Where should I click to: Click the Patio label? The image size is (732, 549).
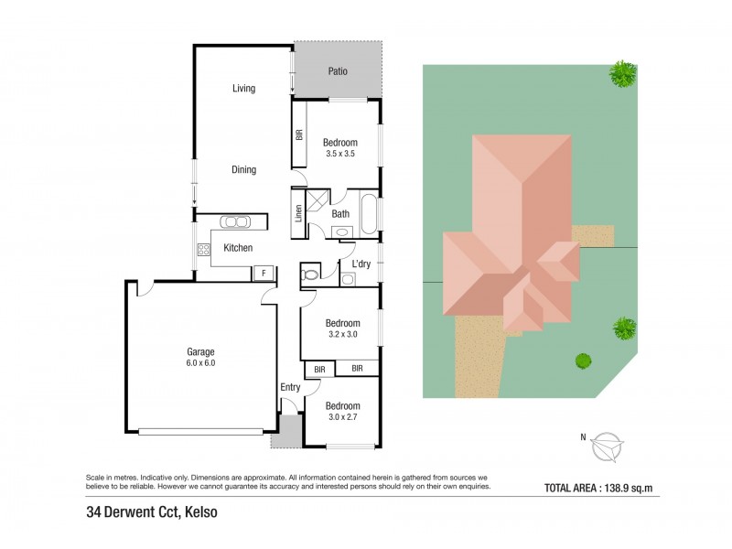[338, 71]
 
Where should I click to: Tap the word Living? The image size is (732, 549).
[243, 89]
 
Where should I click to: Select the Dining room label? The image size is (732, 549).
[243, 169]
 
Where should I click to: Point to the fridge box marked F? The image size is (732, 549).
[264, 272]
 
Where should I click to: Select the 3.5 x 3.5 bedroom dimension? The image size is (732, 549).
[339, 155]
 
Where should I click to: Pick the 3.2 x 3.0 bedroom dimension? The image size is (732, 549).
[343, 336]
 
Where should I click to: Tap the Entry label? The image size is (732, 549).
[290, 388]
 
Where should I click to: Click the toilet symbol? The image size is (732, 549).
[310, 273]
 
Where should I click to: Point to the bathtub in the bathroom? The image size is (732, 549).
[368, 212]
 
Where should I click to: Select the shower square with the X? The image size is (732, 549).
[317, 199]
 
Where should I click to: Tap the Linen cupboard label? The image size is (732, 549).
[298, 213]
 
